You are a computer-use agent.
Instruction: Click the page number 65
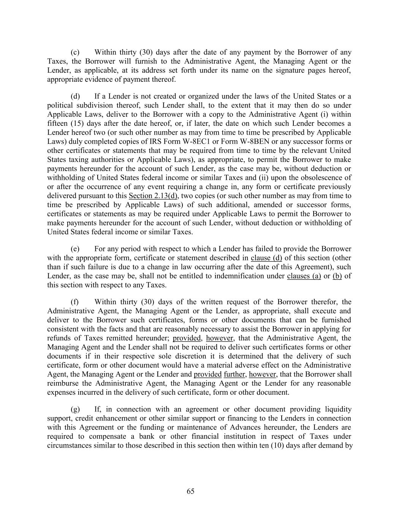tap(190, 491)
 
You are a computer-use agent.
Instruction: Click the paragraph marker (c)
tap(75, 52)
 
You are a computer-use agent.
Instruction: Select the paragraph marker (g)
tap(75, 409)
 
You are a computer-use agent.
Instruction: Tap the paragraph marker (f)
tap(75, 302)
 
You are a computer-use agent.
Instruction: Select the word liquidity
tap(338, 409)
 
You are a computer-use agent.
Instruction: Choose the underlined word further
tap(235, 374)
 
